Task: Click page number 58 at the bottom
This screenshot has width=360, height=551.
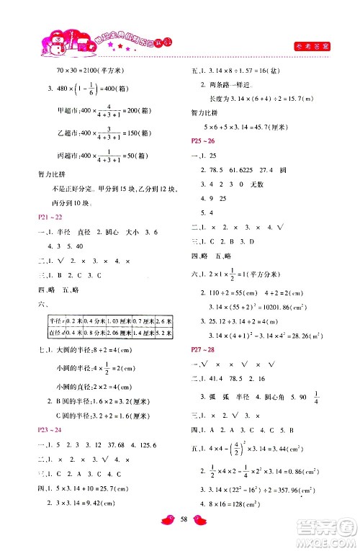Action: [x=180, y=537]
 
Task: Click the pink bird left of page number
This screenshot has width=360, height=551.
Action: [x=163, y=537]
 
